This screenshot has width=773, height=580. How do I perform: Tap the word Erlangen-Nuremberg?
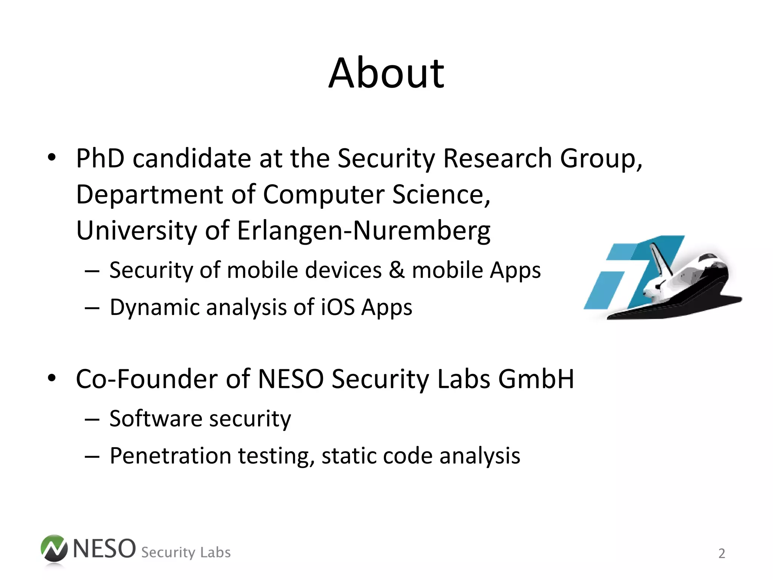tap(363, 231)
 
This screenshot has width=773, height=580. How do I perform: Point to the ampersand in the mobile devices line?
tap(396, 270)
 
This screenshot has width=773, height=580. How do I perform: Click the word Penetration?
tap(170, 456)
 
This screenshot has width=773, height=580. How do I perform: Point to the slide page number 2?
tap(722, 554)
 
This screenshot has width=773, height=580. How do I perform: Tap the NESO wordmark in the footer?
tap(104, 549)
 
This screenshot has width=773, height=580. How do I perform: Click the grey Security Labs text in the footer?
tap(186, 552)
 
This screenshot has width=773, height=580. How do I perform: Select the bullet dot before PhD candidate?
tap(52, 157)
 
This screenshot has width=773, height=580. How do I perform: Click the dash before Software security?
tap(92, 419)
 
